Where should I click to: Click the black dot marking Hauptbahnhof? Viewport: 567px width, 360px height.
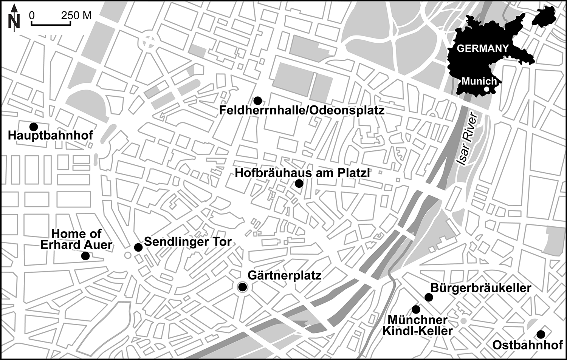click(34, 126)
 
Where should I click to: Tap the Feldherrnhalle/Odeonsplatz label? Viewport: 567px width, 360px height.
click(302, 110)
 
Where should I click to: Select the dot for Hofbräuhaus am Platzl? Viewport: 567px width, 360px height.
click(299, 184)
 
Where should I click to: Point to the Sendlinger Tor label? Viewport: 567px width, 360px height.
click(188, 242)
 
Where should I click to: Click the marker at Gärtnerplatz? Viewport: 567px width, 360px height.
click(242, 287)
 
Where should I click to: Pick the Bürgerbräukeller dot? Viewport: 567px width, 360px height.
click(429, 297)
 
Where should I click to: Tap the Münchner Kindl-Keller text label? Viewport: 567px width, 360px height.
click(417, 325)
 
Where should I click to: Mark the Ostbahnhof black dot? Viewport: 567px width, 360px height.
click(541, 334)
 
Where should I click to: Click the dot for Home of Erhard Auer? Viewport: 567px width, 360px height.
click(85, 256)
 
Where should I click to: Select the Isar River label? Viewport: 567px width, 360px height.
click(467, 140)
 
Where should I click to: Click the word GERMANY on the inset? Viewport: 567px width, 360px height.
click(483, 49)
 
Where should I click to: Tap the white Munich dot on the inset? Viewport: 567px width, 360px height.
click(487, 89)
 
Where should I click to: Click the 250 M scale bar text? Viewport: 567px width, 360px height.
click(76, 15)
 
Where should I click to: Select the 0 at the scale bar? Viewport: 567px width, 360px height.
click(32, 15)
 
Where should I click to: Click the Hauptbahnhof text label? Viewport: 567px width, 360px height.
click(50, 135)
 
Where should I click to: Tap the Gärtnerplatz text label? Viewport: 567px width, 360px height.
click(284, 275)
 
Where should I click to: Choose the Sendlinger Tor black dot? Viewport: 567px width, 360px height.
click(138, 247)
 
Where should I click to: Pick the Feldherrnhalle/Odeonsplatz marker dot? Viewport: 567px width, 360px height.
click(257, 100)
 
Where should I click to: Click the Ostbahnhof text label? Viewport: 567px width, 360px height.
click(527, 345)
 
